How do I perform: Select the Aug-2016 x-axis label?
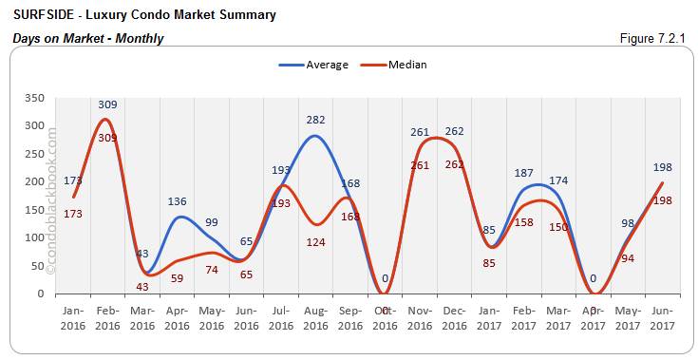pos(316,318)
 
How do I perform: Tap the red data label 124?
pos(316,242)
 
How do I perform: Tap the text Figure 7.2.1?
pos(652,38)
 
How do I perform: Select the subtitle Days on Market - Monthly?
pos(88,38)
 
